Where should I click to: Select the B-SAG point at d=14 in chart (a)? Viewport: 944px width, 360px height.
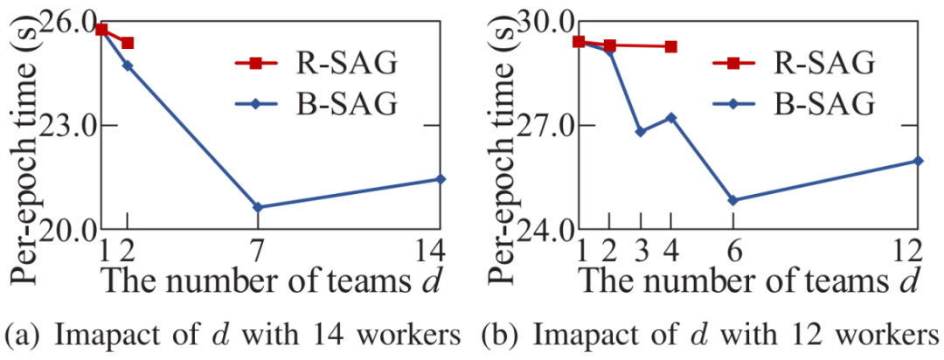tap(441, 179)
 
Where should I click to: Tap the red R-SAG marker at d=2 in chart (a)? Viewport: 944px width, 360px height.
tap(128, 43)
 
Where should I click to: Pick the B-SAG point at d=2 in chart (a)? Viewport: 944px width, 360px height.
tap(128, 66)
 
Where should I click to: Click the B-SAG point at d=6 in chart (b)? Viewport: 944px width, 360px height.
tap(732, 200)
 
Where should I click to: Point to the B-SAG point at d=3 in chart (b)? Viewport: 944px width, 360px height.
tap(641, 132)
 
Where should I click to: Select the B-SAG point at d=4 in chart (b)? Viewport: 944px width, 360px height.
tap(670, 117)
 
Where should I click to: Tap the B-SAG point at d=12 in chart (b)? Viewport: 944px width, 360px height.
tap(918, 161)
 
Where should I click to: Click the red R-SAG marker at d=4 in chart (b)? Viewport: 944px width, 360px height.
tap(670, 46)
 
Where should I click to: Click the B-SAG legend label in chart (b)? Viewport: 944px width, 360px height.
tap(823, 105)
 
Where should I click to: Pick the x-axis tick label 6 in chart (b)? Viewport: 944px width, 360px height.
tap(732, 251)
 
